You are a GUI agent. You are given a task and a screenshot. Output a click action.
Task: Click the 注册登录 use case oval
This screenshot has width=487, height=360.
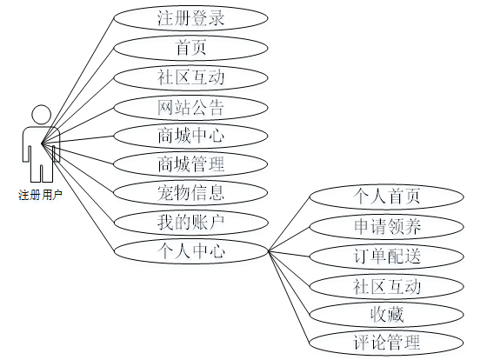tap(190, 18)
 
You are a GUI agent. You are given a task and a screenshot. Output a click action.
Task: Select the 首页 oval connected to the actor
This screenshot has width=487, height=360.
tap(190, 48)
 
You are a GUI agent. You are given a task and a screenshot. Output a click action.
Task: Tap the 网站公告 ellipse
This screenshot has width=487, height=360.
tap(190, 108)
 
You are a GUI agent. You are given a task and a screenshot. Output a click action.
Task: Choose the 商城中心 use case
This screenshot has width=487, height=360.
tap(190, 136)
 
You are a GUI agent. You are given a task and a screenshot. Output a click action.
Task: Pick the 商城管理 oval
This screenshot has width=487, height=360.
tap(190, 164)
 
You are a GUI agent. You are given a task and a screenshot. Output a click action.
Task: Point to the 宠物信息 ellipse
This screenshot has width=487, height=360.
tap(190, 192)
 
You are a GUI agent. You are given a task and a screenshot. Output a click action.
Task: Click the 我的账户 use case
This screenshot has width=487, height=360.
tap(190, 223)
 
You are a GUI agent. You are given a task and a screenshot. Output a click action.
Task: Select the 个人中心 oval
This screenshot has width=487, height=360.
tap(190, 251)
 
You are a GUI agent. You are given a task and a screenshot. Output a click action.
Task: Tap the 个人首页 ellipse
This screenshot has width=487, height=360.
tap(387, 197)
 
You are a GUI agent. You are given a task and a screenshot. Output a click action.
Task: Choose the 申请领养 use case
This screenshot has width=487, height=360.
tap(387, 227)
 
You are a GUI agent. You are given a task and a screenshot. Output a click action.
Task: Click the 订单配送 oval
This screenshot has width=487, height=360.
tap(387, 257)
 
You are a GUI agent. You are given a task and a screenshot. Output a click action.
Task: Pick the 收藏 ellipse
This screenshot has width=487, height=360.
tap(387, 314)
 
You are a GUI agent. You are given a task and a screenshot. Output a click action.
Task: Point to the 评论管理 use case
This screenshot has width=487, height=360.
tap(387, 343)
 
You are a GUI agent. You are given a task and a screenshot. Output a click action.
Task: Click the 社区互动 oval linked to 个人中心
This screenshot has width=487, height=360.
tap(387, 286)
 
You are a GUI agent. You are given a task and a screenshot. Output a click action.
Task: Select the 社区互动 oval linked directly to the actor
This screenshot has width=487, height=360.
tap(190, 77)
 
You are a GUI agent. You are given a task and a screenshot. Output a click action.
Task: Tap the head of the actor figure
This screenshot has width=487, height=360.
tap(42, 115)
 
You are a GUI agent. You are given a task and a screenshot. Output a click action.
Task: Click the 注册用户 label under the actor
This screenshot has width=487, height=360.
tap(40, 195)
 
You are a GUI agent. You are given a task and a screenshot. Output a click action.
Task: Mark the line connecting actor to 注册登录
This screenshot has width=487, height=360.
tap(77, 81)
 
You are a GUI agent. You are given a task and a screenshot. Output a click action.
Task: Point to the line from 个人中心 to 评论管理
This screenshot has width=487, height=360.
tap(289, 297)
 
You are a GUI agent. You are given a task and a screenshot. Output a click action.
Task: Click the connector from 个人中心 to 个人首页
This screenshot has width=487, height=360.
tap(289, 223)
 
